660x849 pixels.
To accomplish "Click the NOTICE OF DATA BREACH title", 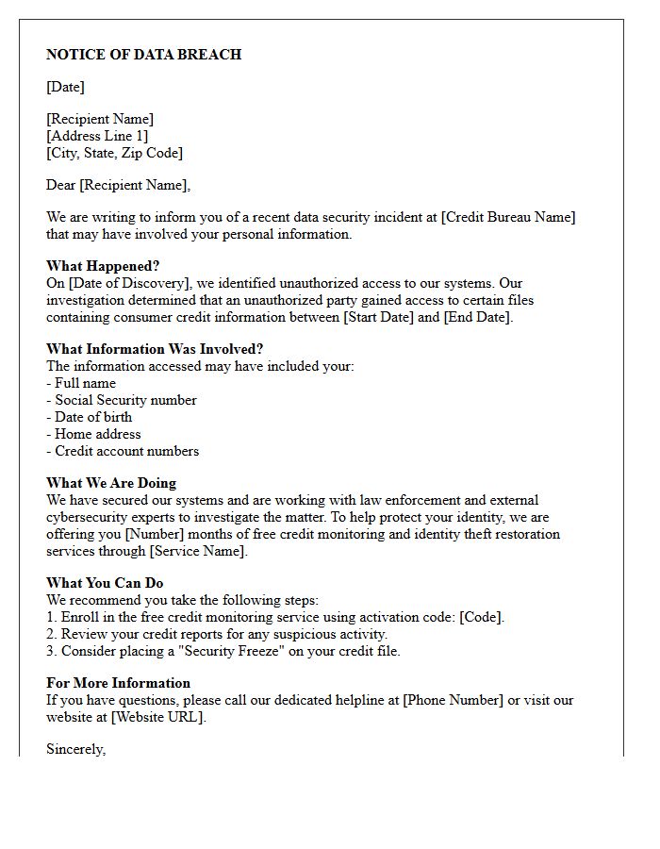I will click(x=143, y=55).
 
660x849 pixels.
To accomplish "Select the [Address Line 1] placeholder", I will click(x=97, y=136).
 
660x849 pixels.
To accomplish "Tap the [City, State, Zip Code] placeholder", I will click(x=114, y=153).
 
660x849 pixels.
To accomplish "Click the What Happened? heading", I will click(x=103, y=266).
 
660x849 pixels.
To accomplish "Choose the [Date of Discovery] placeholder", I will click(x=130, y=283).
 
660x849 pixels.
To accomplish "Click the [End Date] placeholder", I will click(x=477, y=317).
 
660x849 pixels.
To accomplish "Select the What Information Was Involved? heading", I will click(x=155, y=349).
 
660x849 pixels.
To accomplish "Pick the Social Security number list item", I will click(x=125, y=400).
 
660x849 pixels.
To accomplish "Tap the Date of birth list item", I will click(x=93, y=417).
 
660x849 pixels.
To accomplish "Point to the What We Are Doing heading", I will click(x=111, y=483).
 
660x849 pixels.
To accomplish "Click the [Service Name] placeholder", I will click(x=198, y=551).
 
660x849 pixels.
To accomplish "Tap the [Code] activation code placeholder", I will click(x=482, y=617).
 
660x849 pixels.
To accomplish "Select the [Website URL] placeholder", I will click(x=157, y=717).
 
